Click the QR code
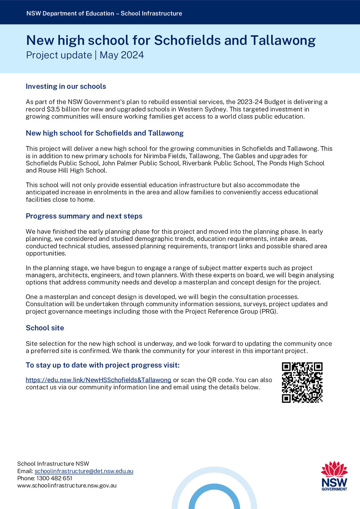pyautogui.click(x=302, y=382)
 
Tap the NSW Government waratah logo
pyautogui.click(x=334, y=476)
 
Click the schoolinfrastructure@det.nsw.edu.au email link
pyautogui.click(x=84, y=471)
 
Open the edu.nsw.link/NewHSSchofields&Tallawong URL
pyautogui.click(x=98, y=380)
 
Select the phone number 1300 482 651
pyautogui.click(x=54, y=478)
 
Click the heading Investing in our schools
pyautogui.click(x=66, y=86)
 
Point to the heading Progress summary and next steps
pyautogui.click(x=84, y=216)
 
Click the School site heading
pyautogui.click(x=45, y=328)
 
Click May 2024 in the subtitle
pyautogui.click(x=122, y=55)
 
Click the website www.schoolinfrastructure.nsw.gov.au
pyautogui.click(x=67, y=485)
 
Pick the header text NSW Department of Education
pyautogui.click(x=70, y=13)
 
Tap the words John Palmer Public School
pyautogui.click(x=140, y=163)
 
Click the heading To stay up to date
pyautogui.click(x=102, y=365)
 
